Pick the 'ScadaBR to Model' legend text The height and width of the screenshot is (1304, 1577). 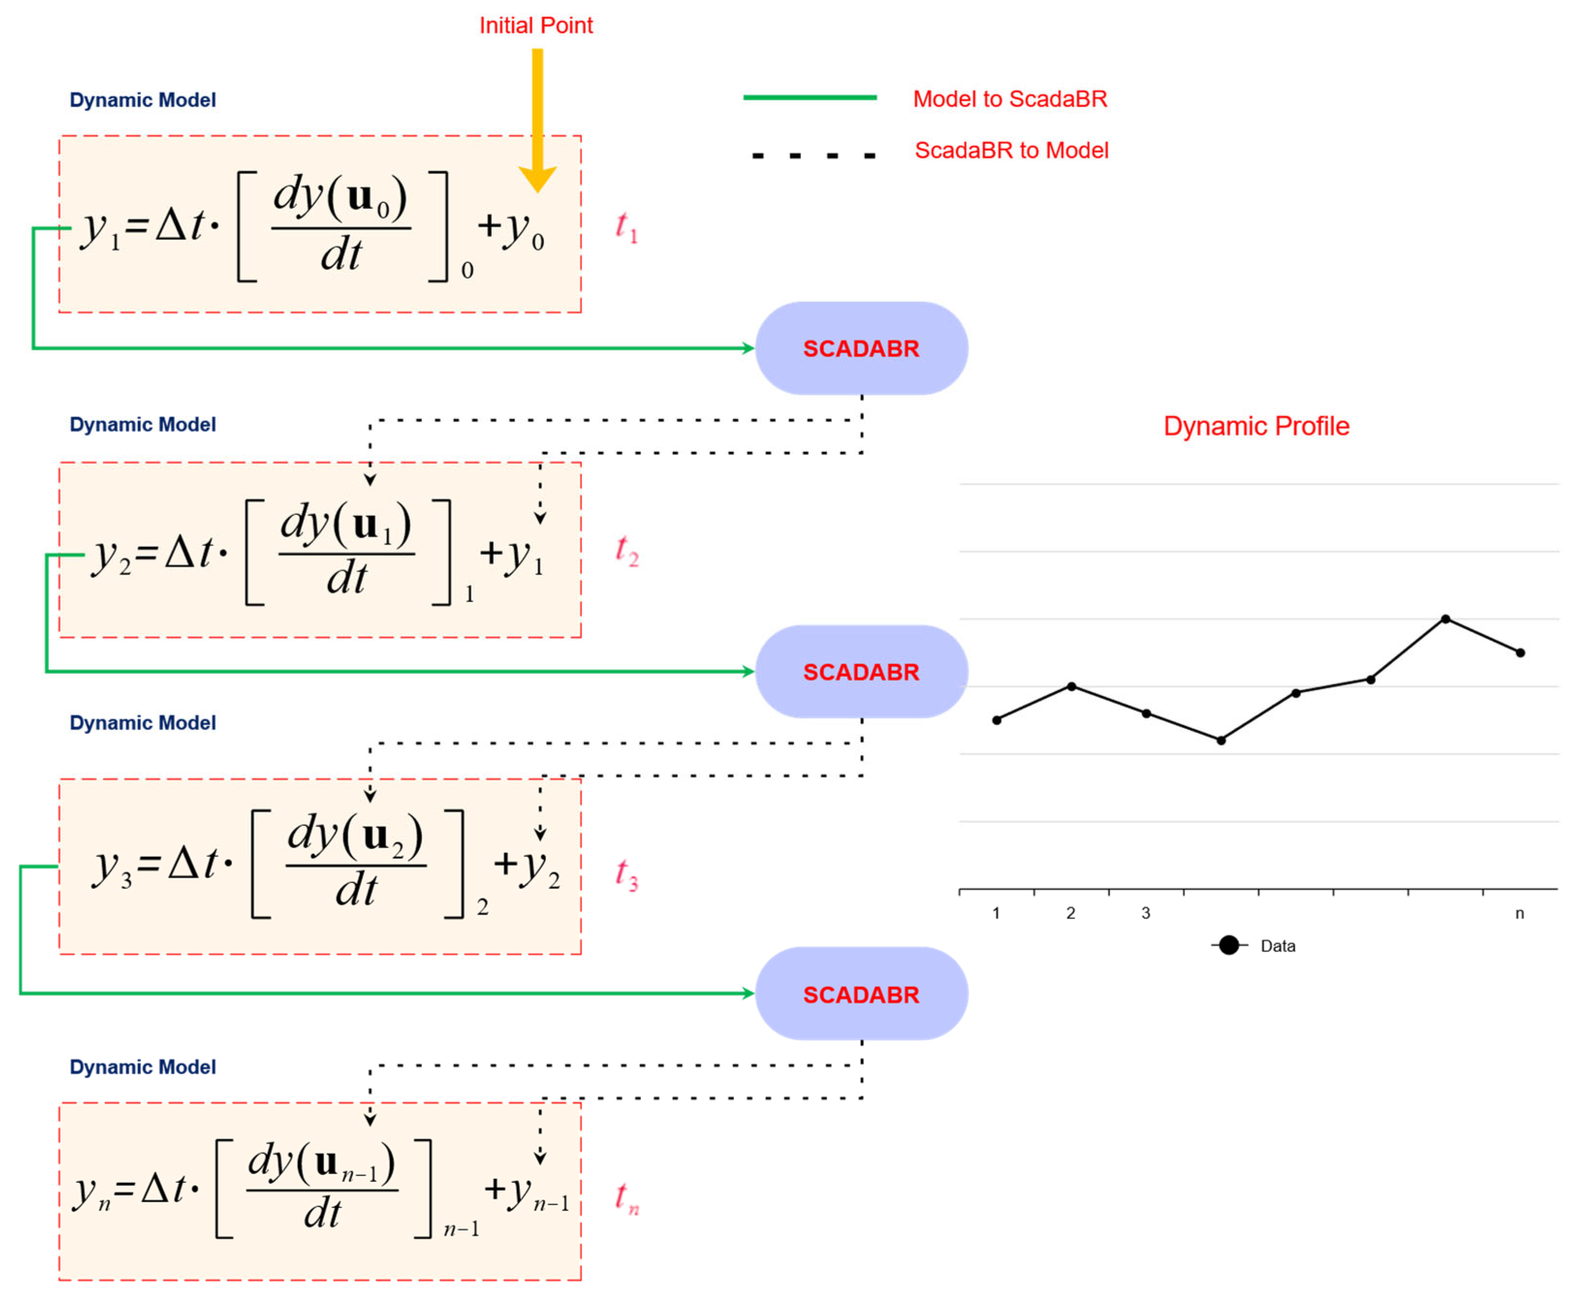(1011, 150)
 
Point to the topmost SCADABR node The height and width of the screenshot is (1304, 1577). (860, 348)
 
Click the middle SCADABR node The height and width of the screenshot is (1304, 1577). (860, 672)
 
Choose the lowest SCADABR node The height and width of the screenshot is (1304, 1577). (860, 994)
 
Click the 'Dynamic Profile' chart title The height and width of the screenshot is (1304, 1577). (1256, 426)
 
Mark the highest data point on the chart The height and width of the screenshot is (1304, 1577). (1445, 619)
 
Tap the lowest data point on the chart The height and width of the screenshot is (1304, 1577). (1221, 740)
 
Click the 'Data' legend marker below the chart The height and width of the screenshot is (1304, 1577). (1229, 945)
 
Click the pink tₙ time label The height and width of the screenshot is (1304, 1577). (625, 1197)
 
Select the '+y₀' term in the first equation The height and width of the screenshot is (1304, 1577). (511, 228)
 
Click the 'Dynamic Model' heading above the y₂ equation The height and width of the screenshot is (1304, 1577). (142, 424)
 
